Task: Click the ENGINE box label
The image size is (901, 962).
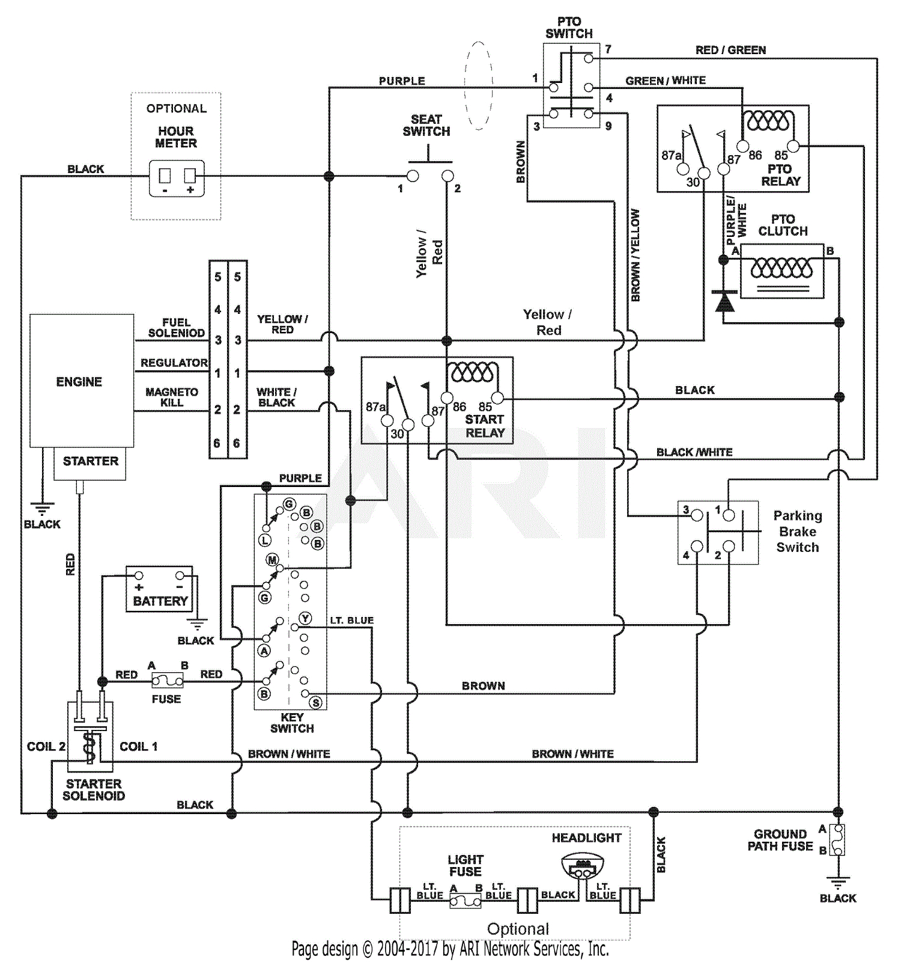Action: (x=79, y=382)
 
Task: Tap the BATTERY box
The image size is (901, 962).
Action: (x=159, y=589)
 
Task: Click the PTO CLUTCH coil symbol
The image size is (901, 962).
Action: (x=781, y=268)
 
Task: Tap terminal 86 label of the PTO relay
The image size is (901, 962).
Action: (x=754, y=155)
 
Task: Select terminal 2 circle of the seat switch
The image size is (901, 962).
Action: (x=447, y=176)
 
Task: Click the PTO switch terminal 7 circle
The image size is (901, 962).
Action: (x=589, y=58)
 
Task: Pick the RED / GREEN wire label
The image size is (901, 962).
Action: (x=730, y=50)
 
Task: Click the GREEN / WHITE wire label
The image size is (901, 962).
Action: (x=665, y=81)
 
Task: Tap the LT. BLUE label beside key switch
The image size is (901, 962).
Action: (x=351, y=620)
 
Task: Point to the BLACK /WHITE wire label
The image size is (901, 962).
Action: (x=694, y=452)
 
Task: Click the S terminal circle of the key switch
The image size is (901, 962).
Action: (x=316, y=702)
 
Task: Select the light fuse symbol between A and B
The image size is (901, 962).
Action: (x=466, y=900)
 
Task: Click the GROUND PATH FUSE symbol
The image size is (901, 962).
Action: (x=837, y=839)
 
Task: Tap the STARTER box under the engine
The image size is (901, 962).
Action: (x=90, y=462)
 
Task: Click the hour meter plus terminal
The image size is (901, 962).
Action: (x=190, y=176)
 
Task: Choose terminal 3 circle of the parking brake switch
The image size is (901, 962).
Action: (x=697, y=515)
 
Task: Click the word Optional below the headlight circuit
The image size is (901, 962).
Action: (x=518, y=929)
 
